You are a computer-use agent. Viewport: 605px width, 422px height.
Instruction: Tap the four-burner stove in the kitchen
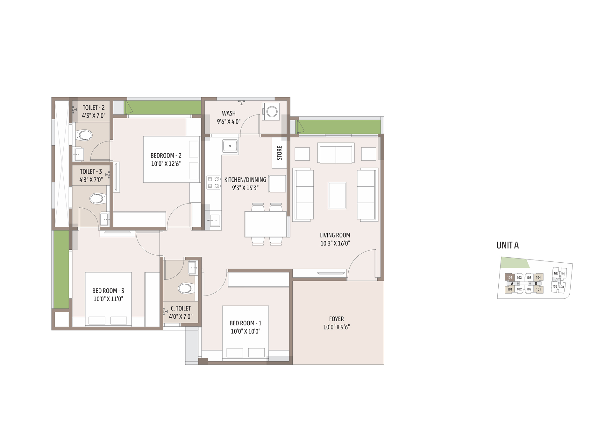click(x=213, y=183)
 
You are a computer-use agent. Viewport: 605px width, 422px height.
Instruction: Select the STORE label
click(x=279, y=153)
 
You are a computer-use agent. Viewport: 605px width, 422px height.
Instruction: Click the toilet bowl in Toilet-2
click(x=84, y=135)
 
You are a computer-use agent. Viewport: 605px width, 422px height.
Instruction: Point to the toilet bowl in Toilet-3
click(x=97, y=199)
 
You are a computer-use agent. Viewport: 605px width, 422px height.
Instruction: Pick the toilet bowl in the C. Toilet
click(x=186, y=288)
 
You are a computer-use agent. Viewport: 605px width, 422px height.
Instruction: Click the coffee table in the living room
click(x=337, y=195)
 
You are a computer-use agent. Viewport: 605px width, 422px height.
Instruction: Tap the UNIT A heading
click(x=508, y=245)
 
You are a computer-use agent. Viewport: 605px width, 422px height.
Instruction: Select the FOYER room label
click(x=337, y=319)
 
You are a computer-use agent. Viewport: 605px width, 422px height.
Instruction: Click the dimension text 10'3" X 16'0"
click(x=335, y=243)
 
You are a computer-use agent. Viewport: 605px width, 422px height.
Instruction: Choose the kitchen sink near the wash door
click(x=230, y=146)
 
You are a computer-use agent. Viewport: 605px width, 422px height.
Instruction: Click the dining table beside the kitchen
click(x=266, y=224)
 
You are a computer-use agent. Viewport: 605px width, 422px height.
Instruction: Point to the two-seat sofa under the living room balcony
click(x=336, y=153)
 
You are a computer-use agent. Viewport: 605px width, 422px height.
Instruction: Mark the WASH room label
click(x=229, y=114)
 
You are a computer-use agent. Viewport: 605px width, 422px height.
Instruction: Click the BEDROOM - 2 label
click(x=166, y=156)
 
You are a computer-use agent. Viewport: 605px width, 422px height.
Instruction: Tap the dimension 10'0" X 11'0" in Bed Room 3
click(x=108, y=299)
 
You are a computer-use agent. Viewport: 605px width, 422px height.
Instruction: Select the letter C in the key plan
click(x=556, y=280)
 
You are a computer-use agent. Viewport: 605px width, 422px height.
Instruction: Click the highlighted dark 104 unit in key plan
click(x=509, y=277)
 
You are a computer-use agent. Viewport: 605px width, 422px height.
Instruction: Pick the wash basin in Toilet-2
click(x=79, y=154)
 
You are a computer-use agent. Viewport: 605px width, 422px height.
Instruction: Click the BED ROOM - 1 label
click(x=246, y=323)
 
